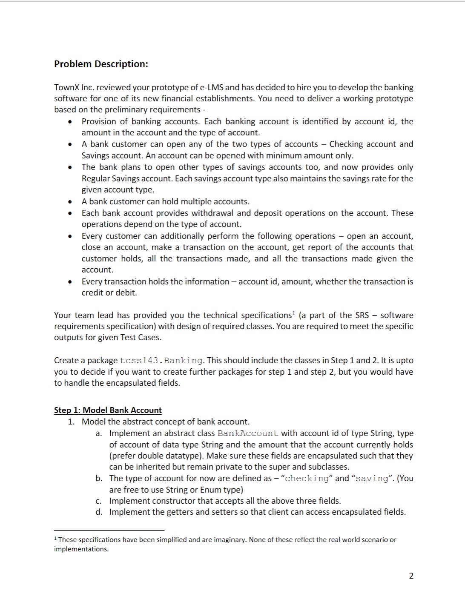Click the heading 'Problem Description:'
101,64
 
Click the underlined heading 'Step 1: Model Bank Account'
108,410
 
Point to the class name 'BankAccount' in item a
247,433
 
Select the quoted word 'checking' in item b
307,479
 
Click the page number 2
411,576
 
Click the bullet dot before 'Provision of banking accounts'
69,122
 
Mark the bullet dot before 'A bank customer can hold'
69,202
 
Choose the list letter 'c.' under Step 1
99,501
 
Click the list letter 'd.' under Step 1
99,512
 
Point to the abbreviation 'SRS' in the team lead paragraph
358,315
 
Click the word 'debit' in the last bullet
126,293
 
